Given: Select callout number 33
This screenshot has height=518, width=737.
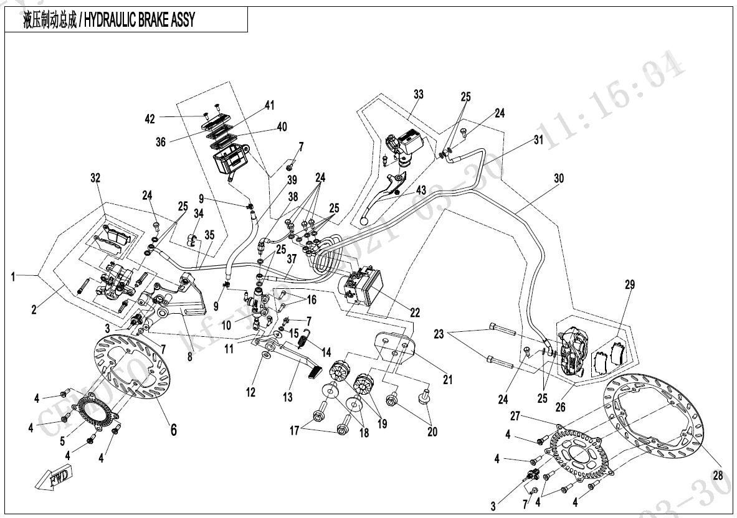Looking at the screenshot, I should pos(419,95).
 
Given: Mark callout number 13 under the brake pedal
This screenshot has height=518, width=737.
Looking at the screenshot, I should pos(288,397).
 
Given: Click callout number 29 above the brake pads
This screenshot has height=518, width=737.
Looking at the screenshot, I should pos(630,285).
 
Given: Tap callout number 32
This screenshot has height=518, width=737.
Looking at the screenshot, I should pos(95,177).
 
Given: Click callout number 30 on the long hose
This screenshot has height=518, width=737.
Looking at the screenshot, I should pos(558,178).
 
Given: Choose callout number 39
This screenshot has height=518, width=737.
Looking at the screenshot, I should pos(292,181).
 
